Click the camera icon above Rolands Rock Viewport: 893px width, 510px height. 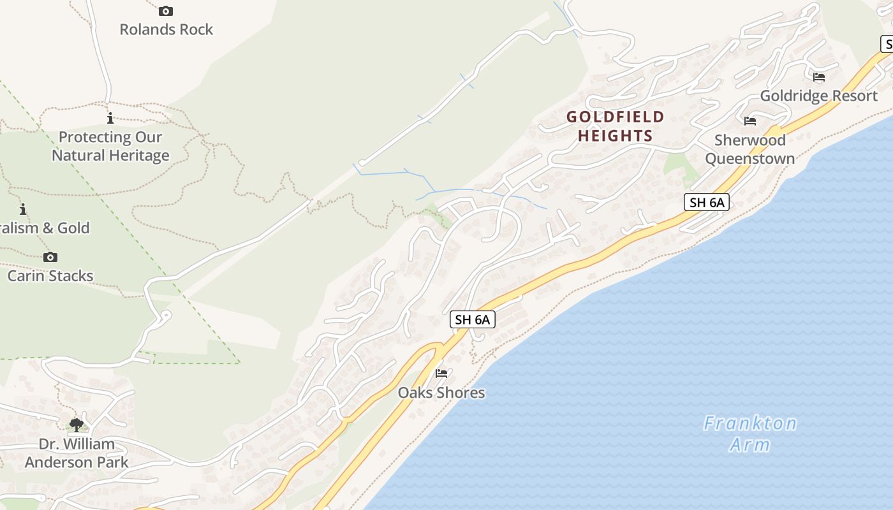tap(166, 11)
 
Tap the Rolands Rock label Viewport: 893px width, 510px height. tap(166, 29)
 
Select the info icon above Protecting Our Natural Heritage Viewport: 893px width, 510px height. tap(110, 118)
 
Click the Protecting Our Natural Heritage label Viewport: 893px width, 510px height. tap(110, 146)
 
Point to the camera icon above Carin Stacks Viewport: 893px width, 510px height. tap(50, 258)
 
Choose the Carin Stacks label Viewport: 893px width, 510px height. tap(50, 276)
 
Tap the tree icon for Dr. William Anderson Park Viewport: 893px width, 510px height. tap(77, 425)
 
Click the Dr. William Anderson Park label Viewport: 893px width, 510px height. tap(77, 453)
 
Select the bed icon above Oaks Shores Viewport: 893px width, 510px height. tap(441, 374)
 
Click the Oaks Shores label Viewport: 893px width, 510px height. tap(441, 393)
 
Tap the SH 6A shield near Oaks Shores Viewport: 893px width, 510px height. tap(473, 319)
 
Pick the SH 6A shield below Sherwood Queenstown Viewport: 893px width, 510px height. tap(707, 203)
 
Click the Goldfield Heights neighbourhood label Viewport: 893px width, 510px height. tap(616, 126)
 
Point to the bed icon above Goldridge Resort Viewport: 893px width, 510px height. tap(819, 77)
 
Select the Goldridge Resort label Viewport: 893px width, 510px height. tap(819, 96)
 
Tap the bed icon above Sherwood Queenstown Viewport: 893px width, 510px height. tap(750, 120)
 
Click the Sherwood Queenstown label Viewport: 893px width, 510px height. tap(750, 149)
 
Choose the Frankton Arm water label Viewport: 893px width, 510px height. tap(750, 433)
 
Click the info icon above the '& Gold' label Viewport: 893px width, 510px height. tap(23, 209)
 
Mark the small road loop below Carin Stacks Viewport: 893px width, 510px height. tap(165, 315)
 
